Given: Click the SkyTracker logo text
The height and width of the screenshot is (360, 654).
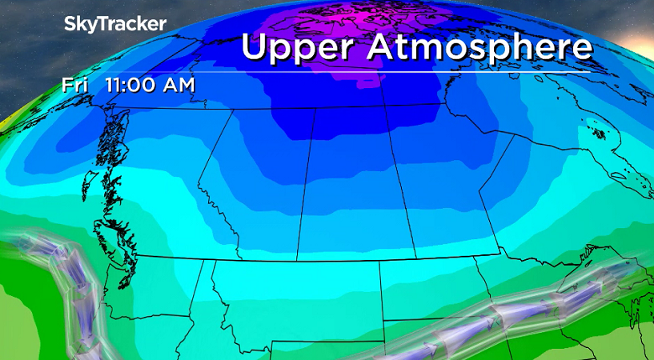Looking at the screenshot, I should click(x=115, y=24).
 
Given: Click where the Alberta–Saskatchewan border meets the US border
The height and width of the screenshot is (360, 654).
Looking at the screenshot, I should click(x=297, y=260).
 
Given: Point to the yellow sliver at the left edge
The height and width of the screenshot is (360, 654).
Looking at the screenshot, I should click(x=6, y=120).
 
